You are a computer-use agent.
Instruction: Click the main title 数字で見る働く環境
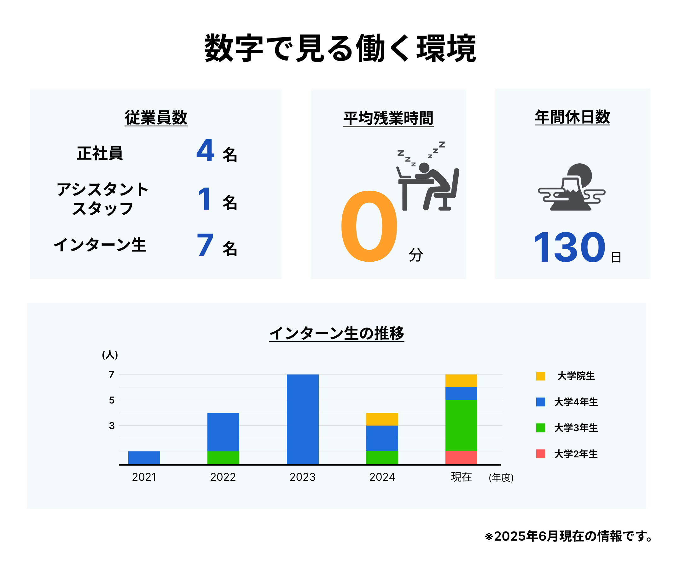[340, 48]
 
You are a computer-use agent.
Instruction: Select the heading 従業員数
[156, 117]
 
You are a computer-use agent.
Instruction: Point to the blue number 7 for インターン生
[205, 244]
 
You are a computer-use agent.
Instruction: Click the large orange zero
[369, 226]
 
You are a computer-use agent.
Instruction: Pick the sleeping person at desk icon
[428, 176]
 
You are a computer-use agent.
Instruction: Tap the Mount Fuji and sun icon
[572, 187]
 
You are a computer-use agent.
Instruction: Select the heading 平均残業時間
[388, 118]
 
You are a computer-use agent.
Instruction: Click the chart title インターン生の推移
[337, 333]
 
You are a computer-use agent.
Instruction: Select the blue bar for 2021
[144, 458]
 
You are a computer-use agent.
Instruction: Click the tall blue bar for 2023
[303, 419]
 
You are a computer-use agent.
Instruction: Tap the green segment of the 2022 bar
[224, 458]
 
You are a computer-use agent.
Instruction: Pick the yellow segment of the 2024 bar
[382, 419]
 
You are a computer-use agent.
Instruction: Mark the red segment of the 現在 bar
[462, 458]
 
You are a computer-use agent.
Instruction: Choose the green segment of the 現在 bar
[462, 426]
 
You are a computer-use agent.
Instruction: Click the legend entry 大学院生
[565, 376]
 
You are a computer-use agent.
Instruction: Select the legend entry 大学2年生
[567, 454]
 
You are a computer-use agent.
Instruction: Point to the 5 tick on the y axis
[112, 400]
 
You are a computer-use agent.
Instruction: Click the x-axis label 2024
[382, 477]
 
